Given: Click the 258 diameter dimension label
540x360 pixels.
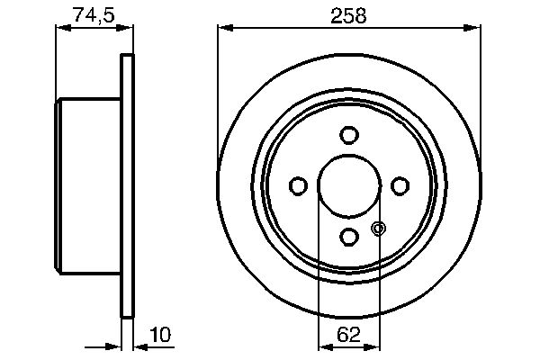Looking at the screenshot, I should click(347, 14).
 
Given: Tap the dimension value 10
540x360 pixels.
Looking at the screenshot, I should click(160, 335).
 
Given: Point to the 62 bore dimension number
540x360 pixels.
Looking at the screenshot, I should click(349, 335).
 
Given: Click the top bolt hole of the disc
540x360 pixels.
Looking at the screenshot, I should click(349, 135).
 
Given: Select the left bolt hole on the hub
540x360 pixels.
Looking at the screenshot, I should click(298, 185).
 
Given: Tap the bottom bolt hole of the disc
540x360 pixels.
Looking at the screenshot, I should click(349, 236).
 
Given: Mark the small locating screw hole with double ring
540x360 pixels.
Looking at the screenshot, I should click(378, 229).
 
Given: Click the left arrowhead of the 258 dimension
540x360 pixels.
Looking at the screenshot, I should click(224, 30).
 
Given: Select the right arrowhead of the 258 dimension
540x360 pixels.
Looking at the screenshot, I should click(472, 30).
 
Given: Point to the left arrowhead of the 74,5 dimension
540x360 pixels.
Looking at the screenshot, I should click(62, 30).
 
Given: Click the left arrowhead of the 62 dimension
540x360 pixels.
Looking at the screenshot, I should click(325, 346).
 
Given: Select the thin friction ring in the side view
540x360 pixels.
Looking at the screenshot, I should click(128, 185).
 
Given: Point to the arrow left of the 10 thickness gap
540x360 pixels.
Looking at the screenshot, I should click(114, 346).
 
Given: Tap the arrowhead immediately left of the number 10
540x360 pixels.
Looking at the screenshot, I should click(140, 346).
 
